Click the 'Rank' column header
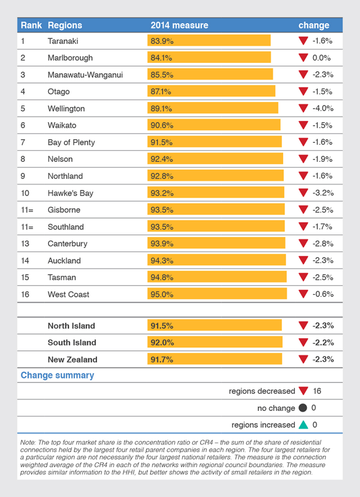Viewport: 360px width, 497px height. click(x=31, y=26)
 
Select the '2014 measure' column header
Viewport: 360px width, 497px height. click(x=179, y=26)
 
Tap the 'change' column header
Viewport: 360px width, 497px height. click(x=314, y=26)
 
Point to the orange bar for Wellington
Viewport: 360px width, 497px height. click(x=212, y=108)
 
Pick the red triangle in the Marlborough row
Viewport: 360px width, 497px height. click(x=303, y=58)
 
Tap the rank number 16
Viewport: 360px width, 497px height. click(x=25, y=294)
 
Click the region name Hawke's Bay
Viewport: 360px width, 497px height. click(x=70, y=193)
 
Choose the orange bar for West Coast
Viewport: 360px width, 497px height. click(x=217, y=294)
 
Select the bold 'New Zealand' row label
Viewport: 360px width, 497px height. click(x=73, y=360)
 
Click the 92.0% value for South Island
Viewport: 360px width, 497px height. click(x=161, y=343)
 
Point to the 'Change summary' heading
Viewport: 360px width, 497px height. click(x=57, y=375)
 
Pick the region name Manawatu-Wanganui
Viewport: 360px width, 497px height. click(x=85, y=74)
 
